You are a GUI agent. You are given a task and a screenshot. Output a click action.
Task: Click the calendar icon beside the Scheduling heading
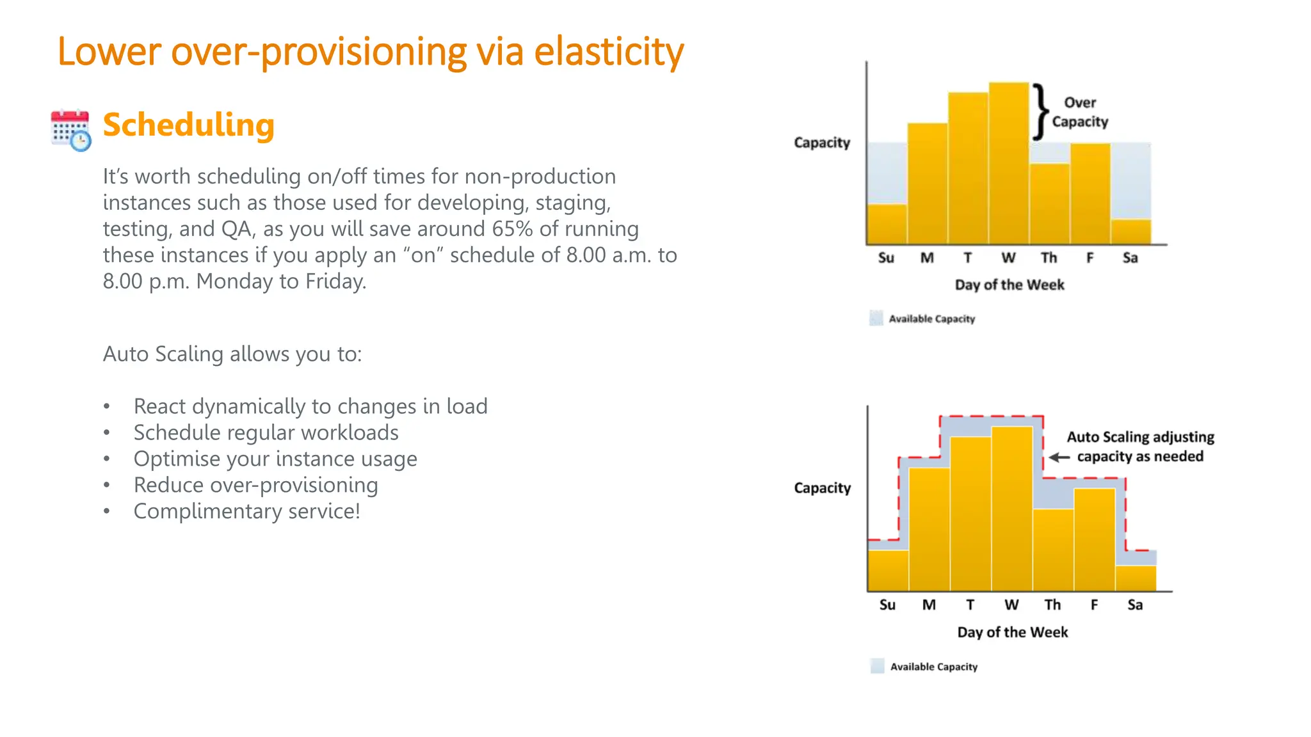pyautogui.click(x=70, y=130)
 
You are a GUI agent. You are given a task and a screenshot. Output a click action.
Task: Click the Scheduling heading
pyautogui.click(x=188, y=125)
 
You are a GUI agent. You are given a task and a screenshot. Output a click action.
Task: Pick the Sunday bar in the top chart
pyautogui.click(x=887, y=224)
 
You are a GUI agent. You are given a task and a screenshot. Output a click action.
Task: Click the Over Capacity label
pyautogui.click(x=1080, y=112)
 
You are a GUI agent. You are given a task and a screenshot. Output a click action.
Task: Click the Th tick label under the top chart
pyautogui.click(x=1049, y=258)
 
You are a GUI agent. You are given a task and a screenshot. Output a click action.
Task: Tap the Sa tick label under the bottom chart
pyautogui.click(x=1135, y=605)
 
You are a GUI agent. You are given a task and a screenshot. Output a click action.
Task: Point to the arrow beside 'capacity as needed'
pyautogui.click(x=1059, y=457)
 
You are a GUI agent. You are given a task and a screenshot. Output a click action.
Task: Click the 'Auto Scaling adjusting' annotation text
pyautogui.click(x=1140, y=438)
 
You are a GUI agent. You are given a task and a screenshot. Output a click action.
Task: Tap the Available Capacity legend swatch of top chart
pyautogui.click(x=876, y=318)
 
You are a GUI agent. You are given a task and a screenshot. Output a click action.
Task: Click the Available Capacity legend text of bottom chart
pyautogui.click(x=934, y=667)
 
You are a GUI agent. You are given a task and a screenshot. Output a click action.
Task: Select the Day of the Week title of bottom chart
pyautogui.click(x=1012, y=633)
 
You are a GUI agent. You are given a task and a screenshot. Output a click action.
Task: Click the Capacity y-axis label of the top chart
pyautogui.click(x=822, y=143)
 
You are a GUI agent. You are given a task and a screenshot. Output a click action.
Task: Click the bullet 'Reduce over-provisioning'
pyautogui.click(x=255, y=486)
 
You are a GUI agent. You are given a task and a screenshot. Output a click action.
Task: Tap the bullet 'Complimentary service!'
pyautogui.click(x=246, y=512)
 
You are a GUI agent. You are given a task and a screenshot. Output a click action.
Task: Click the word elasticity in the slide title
pyautogui.click(x=609, y=52)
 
